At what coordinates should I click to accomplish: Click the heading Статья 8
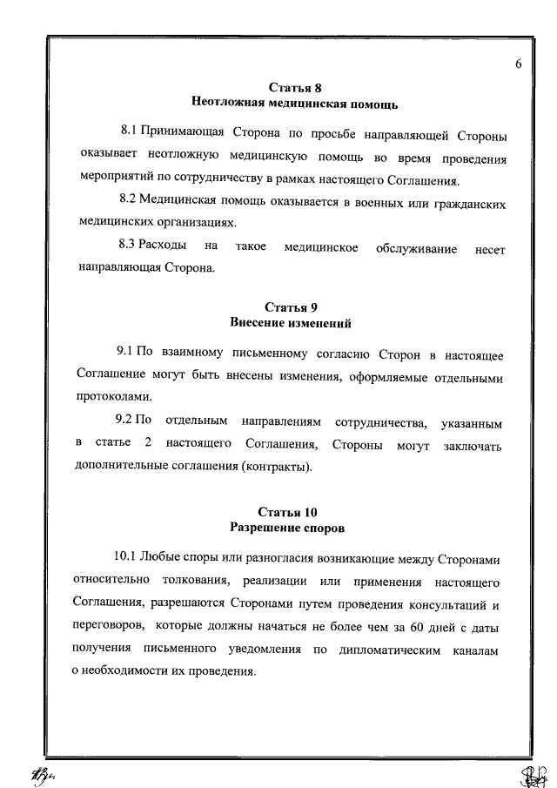[290, 88]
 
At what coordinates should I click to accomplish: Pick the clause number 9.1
[125, 354]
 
